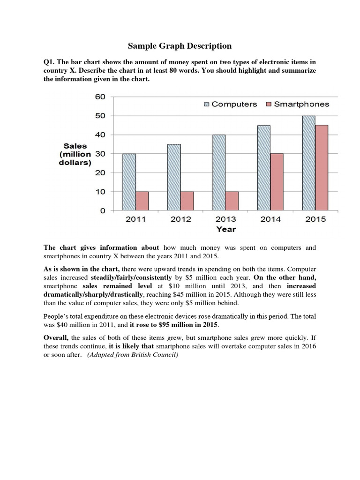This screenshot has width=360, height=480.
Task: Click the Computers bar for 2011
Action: [129, 182]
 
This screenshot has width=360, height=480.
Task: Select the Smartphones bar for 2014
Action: [276, 182]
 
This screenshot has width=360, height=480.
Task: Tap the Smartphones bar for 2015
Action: [321, 168]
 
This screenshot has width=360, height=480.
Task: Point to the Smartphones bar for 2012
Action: [187, 201]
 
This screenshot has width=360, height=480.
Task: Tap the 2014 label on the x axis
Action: [270, 219]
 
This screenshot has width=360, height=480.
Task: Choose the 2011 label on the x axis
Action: [135, 219]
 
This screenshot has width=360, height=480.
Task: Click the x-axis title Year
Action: [226, 229]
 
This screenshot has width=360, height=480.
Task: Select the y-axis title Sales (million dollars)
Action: [75, 154]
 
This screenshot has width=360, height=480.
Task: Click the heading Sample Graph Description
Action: [180, 46]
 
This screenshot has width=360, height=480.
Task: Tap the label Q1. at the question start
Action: [50, 61]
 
